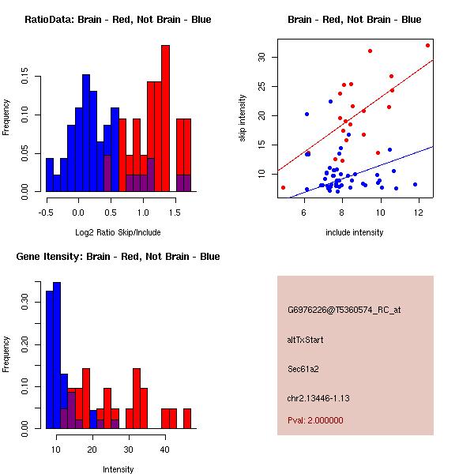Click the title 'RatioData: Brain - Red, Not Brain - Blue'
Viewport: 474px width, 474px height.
pos(118,20)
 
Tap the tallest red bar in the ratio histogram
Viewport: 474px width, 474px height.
pos(165,118)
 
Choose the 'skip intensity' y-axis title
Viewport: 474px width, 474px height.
pos(243,118)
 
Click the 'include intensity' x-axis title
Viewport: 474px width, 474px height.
pos(354,232)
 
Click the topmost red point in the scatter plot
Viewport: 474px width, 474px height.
pos(427,45)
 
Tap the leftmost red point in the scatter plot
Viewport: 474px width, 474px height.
pos(283,187)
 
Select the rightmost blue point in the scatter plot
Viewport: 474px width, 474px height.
pos(415,184)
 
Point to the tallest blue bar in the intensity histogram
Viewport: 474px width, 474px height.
pos(57,355)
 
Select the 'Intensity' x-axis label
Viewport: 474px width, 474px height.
pos(118,469)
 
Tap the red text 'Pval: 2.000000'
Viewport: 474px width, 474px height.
pos(315,420)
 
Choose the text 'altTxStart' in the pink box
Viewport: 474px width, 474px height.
pos(306,340)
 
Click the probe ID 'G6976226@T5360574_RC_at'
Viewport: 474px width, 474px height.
pos(344,310)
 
